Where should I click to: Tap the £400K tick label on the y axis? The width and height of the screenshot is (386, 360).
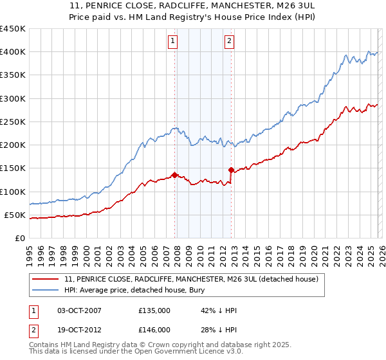13,52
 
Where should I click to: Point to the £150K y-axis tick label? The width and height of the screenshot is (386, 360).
13,168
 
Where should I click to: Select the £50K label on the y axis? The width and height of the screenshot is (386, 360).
15,215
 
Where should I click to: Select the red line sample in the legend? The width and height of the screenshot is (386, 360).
47,279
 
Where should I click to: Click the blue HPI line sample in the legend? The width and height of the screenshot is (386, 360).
47,291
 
